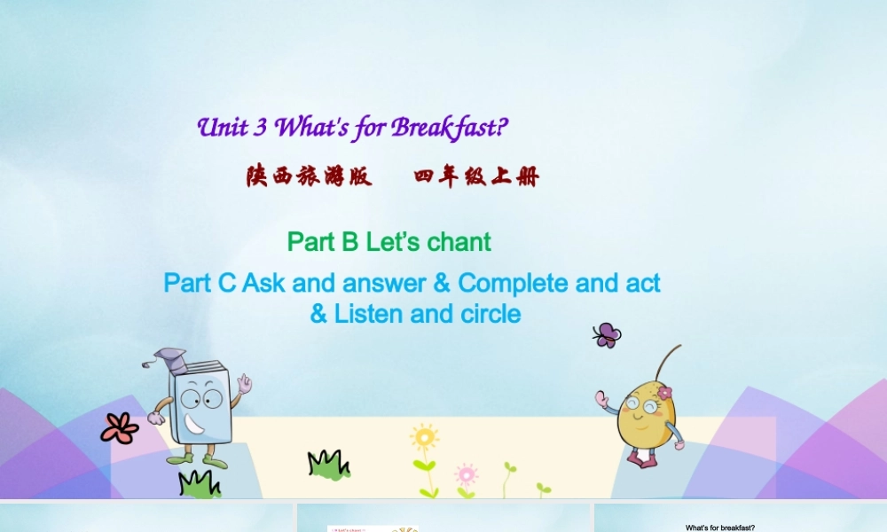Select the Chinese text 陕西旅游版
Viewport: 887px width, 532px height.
coord(310,177)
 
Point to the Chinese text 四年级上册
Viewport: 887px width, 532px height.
coord(476,177)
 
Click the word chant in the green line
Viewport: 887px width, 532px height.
coord(459,241)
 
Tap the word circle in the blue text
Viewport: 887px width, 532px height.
coord(489,314)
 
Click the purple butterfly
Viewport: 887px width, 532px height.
coord(607,334)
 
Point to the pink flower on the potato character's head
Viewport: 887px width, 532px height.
coord(664,392)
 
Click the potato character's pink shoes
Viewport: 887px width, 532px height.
coord(641,458)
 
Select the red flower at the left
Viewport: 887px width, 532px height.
coord(119,428)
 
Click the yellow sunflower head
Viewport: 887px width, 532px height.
coord(424,437)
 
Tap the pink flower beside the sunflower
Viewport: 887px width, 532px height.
coord(466,473)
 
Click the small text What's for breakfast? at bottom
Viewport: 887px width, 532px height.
coord(719,528)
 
